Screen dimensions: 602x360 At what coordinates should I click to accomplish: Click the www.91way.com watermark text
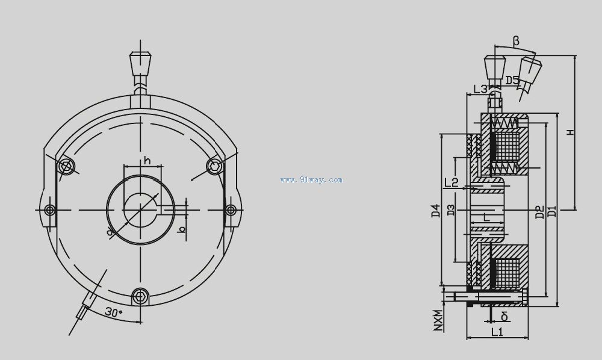point(311,179)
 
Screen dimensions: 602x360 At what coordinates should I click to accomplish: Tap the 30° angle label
point(113,312)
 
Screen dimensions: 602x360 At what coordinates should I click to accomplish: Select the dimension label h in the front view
point(147,160)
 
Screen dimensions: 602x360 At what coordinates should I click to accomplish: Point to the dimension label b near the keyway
point(182,229)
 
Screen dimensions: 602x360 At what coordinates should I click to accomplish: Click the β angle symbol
point(516,40)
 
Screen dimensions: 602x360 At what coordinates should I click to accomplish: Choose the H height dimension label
point(571,132)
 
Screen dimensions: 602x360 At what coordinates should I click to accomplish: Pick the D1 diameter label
point(552,211)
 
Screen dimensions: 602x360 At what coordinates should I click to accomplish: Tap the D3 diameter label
point(451,209)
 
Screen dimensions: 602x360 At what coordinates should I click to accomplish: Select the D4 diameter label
point(435,211)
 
